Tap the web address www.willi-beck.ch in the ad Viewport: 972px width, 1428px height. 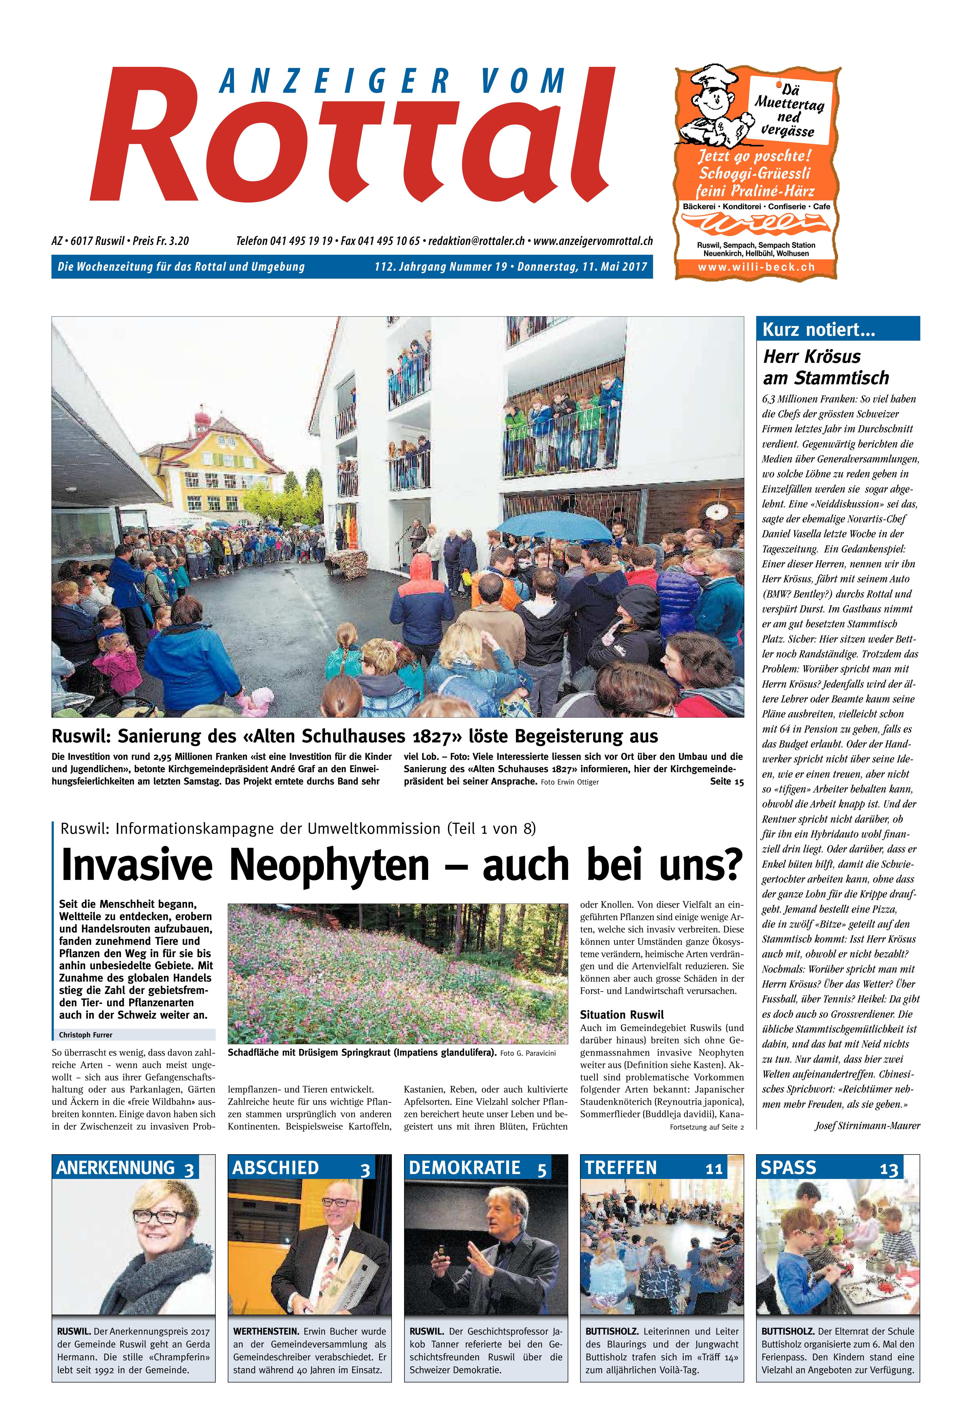pos(756,267)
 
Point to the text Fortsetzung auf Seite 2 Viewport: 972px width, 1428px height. pos(707,1127)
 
